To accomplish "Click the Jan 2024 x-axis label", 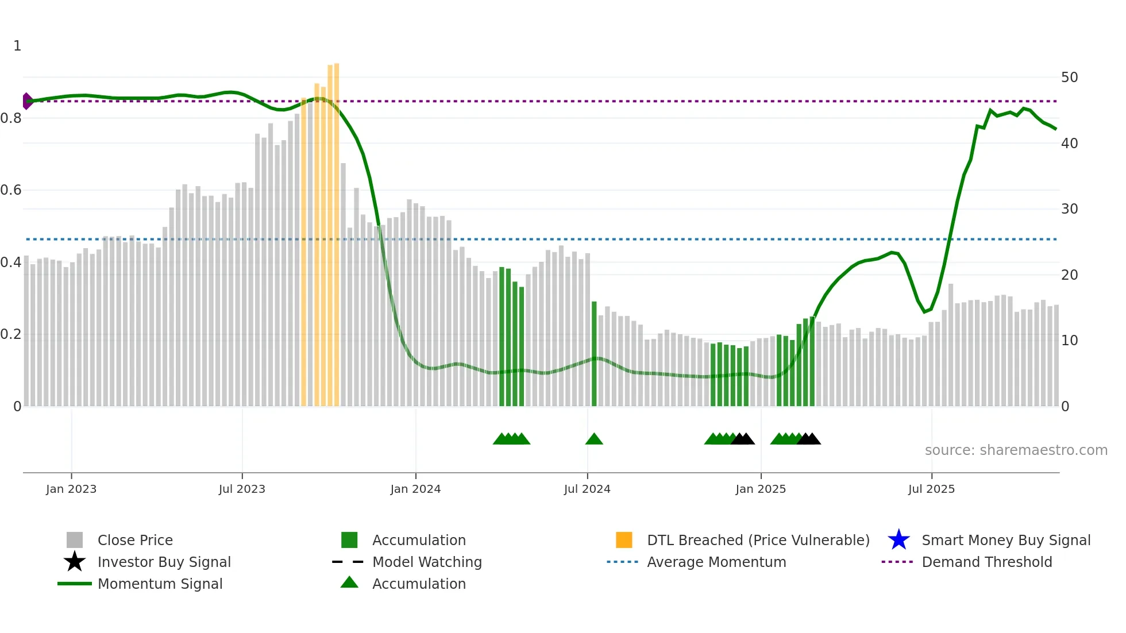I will (415, 489).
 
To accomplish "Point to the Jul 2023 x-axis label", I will (242, 489).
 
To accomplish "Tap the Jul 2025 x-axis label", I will (931, 489).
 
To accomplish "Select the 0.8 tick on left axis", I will (11, 118).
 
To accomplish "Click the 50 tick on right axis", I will (1069, 77).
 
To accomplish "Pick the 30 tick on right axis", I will (1069, 209).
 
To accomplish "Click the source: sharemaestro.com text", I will (1016, 450).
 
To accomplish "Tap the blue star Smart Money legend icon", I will (899, 540).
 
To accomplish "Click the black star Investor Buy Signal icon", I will (75, 562).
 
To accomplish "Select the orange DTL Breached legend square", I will (624, 540).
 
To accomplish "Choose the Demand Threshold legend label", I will (986, 562).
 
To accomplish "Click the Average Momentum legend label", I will (716, 562).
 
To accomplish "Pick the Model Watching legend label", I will (427, 562).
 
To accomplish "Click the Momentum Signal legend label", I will (160, 584).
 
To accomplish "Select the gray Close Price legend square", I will (75, 540).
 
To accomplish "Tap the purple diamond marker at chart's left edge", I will (26, 101).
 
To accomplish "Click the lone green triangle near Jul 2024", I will (594, 439).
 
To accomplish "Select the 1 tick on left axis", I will (17, 46).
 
